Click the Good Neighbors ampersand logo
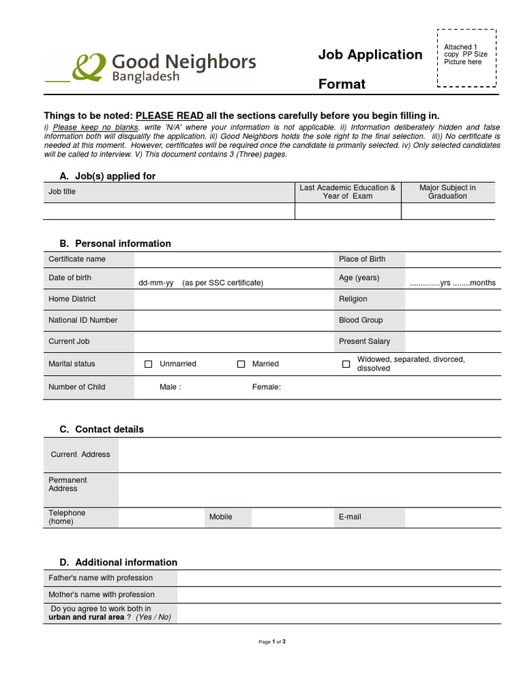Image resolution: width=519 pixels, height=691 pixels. (x=89, y=67)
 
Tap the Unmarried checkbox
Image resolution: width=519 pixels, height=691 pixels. (x=149, y=364)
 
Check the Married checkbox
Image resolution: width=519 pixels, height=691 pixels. (x=241, y=364)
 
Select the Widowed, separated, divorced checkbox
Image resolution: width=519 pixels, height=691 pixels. (x=346, y=364)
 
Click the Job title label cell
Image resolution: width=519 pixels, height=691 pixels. (x=62, y=192)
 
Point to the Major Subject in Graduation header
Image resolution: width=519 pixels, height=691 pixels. (x=447, y=192)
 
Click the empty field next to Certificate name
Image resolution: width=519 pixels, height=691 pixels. (x=234, y=259)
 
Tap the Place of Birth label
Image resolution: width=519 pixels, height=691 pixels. (x=362, y=259)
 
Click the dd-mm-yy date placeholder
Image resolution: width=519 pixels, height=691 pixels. (x=155, y=283)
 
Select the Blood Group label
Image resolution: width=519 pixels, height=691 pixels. (x=361, y=321)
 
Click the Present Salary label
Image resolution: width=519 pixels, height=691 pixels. (x=364, y=341)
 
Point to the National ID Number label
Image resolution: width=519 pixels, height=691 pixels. (x=82, y=321)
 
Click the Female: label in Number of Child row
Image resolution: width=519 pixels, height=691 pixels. (x=266, y=387)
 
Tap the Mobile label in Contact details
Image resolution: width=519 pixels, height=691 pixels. (x=220, y=517)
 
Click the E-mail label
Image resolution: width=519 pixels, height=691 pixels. (x=350, y=517)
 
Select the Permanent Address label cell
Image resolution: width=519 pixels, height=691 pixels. (x=68, y=485)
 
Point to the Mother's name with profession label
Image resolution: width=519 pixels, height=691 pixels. (x=101, y=595)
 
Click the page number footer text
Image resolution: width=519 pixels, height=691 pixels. (x=272, y=642)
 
